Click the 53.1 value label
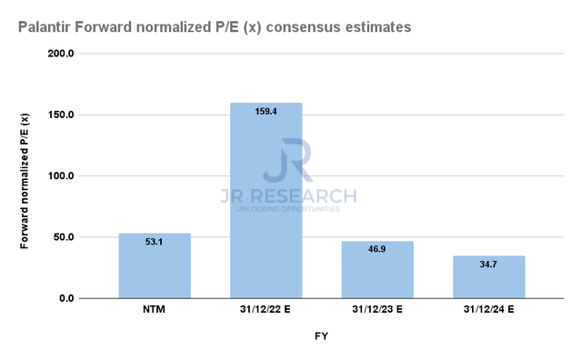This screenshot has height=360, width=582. coord(155,242)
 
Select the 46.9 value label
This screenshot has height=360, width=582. coord(377,249)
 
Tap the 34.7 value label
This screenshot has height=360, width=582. coord(489,264)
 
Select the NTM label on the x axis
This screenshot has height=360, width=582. coord(155,310)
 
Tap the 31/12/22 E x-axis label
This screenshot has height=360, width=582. coord(266,310)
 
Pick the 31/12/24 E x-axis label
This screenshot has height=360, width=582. coord(489,310)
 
